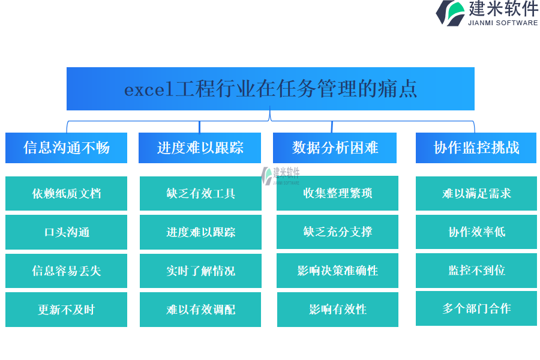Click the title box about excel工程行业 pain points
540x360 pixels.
tap(271, 89)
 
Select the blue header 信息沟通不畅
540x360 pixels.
tap(66, 148)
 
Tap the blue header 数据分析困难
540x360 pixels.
tap(335, 148)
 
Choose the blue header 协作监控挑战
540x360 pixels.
tap(476, 148)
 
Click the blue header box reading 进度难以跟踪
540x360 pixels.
tap(200, 148)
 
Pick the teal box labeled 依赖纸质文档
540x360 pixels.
tap(66, 193)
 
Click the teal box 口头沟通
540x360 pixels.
tap(66, 232)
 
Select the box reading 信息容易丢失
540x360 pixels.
tap(66, 271)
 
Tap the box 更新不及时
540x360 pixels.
tap(66, 310)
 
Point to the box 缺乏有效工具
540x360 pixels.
tap(200, 193)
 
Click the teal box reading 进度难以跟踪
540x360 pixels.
tap(200, 232)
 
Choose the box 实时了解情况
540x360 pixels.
tap(200, 271)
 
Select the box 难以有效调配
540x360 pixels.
tap(200, 310)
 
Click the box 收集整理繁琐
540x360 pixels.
tap(337, 193)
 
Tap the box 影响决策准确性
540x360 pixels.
tap(337, 271)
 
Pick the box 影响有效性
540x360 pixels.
tap(337, 310)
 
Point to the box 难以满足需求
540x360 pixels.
tap(476, 193)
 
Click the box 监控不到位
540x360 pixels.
tap(476, 271)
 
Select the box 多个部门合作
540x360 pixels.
tap(476, 308)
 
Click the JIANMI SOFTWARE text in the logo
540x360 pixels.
tap(503, 23)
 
